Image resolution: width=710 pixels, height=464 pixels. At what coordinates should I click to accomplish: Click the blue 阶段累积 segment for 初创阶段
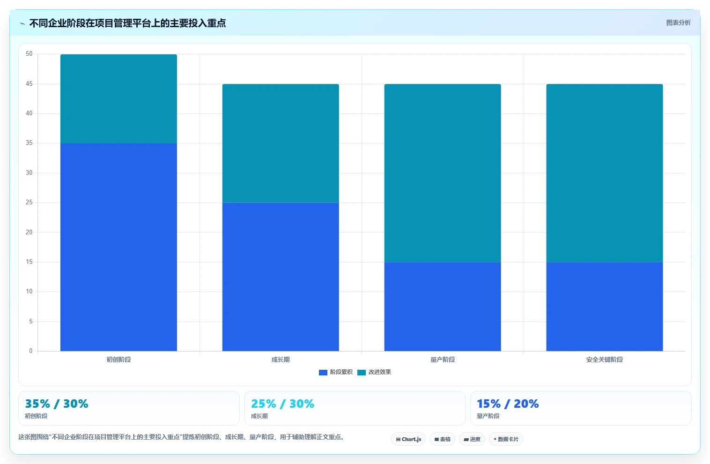pyautogui.click(x=118, y=247)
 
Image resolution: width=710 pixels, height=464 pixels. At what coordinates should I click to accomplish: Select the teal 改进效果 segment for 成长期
pyautogui.click(x=281, y=143)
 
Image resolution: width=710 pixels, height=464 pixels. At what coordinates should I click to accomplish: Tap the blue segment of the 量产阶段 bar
pyautogui.click(x=443, y=307)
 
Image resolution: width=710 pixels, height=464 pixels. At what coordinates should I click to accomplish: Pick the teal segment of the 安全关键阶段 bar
pyautogui.click(x=605, y=173)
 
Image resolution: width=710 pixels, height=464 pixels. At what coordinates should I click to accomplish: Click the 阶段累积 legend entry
pyautogui.click(x=336, y=372)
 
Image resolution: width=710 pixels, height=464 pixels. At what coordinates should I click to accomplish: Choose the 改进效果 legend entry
pyautogui.click(x=374, y=372)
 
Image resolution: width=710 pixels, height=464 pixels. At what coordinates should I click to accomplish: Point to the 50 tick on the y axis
pyautogui.click(x=29, y=54)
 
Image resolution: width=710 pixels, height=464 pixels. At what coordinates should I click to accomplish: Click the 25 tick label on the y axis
pyautogui.click(x=29, y=202)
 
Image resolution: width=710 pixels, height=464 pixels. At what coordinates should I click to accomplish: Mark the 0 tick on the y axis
pyautogui.click(x=31, y=351)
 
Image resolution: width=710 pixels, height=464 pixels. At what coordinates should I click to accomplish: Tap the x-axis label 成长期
pyautogui.click(x=281, y=359)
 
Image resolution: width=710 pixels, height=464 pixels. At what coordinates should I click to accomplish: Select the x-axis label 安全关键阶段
pyautogui.click(x=605, y=359)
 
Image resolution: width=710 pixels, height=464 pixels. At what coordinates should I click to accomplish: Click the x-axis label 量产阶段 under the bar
pyautogui.click(x=443, y=359)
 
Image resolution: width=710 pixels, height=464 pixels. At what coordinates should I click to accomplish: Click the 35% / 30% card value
pyautogui.click(x=56, y=404)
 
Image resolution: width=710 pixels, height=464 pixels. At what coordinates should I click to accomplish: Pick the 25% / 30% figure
pyautogui.click(x=282, y=404)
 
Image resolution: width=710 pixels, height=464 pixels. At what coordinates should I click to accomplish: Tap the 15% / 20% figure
pyautogui.click(x=508, y=404)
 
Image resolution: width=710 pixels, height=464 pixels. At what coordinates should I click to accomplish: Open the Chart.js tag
pyautogui.click(x=408, y=439)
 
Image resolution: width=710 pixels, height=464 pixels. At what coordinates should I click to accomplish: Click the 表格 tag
pyautogui.click(x=442, y=439)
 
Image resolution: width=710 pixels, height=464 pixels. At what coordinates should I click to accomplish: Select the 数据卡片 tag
pyautogui.click(x=506, y=439)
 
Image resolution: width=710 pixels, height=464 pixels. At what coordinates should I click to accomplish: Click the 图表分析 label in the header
pyautogui.click(x=678, y=23)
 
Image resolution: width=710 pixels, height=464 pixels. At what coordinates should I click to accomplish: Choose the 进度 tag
pyautogui.click(x=472, y=439)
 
